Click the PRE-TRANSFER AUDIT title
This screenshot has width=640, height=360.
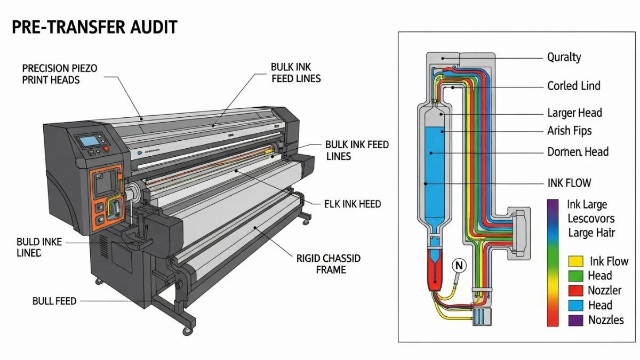tap(94, 27)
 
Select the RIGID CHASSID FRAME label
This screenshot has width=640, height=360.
tap(329, 264)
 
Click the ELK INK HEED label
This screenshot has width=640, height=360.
tap(353, 204)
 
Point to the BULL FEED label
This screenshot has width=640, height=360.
tap(54, 301)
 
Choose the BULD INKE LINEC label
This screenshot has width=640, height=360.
tap(39, 247)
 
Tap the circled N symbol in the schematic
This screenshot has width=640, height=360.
tap(459, 265)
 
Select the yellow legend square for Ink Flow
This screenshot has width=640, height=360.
tap(575, 261)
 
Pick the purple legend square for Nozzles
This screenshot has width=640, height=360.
tap(575, 320)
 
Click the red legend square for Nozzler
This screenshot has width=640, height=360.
tap(575, 291)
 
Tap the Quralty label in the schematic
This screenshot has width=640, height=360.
tap(564, 57)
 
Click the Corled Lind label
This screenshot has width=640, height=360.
tap(573, 86)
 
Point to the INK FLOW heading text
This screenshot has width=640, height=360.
tap(569, 183)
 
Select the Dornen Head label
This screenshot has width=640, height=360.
tap(578, 151)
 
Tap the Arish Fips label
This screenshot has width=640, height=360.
tap(569, 131)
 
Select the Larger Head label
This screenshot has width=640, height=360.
tap(574, 113)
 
